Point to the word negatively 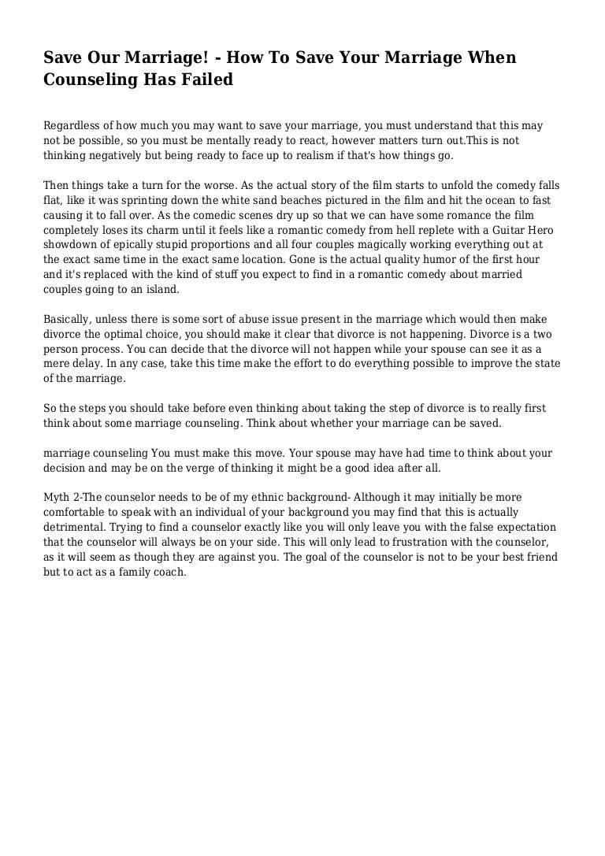click(115, 156)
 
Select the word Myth click(57, 498)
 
